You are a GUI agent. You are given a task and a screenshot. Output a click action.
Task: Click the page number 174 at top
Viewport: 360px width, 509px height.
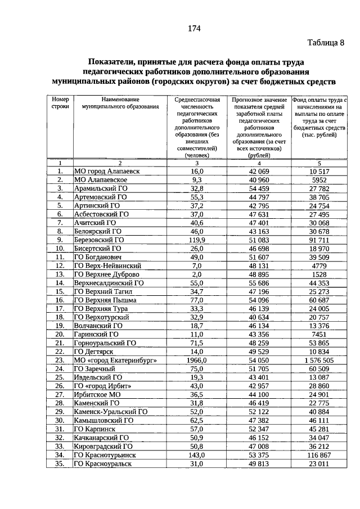click(194, 29)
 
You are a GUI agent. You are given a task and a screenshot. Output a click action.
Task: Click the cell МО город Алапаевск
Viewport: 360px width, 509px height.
click(107, 171)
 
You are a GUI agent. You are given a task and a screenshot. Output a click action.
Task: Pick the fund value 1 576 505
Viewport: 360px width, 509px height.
click(318, 360)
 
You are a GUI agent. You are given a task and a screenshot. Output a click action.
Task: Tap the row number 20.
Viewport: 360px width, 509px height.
click(59, 334)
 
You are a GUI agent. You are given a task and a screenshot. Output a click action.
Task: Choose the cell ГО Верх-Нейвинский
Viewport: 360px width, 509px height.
click(107, 265)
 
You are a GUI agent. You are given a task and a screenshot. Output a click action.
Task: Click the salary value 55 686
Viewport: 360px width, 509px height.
click(260, 283)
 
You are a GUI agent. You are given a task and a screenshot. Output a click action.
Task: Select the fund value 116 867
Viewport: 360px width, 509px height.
click(318, 454)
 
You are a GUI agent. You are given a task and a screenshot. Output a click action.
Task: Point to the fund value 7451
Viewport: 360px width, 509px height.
click(318, 334)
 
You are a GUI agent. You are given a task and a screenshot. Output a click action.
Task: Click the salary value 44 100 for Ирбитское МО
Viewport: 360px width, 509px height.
click(260, 394)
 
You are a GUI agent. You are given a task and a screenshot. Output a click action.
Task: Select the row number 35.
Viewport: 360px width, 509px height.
click(59, 463)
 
